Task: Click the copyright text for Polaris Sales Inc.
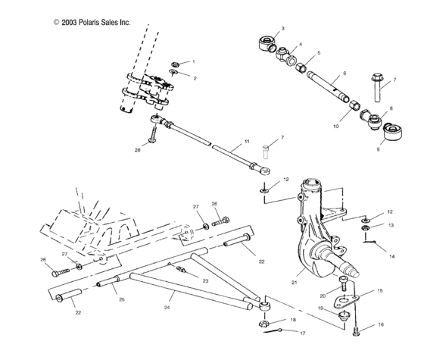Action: point(92,23)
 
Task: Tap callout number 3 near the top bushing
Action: point(282,28)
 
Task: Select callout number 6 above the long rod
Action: point(344,73)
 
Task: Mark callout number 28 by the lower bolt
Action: point(138,151)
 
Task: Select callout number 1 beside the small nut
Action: point(193,61)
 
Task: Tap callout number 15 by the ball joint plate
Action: point(381,290)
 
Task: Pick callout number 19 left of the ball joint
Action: point(321,308)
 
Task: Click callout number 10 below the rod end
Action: point(335,127)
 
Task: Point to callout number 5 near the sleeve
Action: point(319,53)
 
